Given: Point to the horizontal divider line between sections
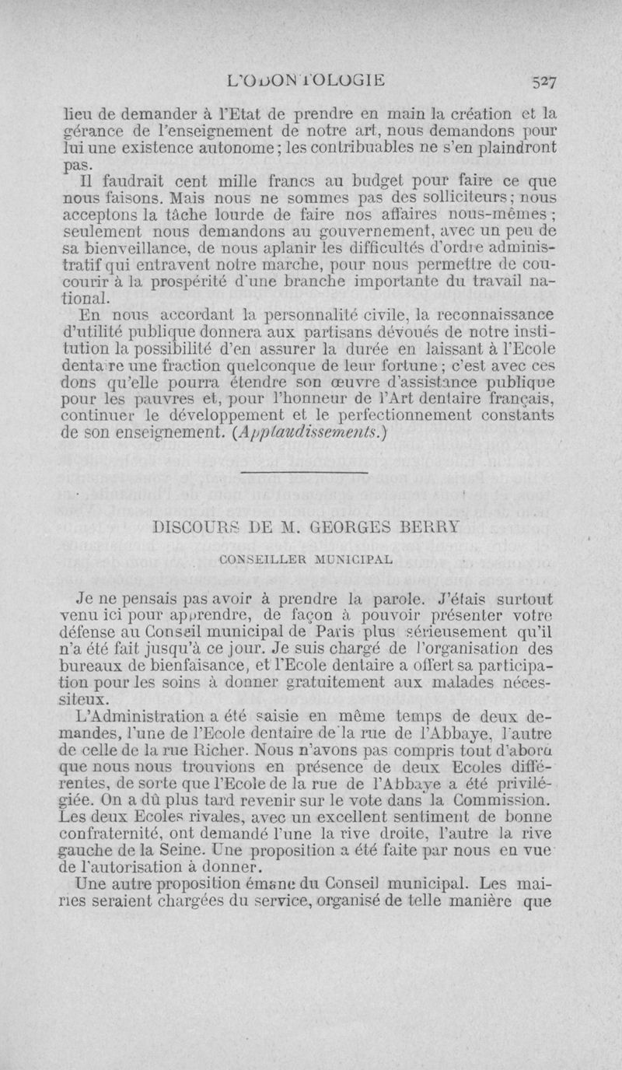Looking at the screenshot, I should coord(305,472).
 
